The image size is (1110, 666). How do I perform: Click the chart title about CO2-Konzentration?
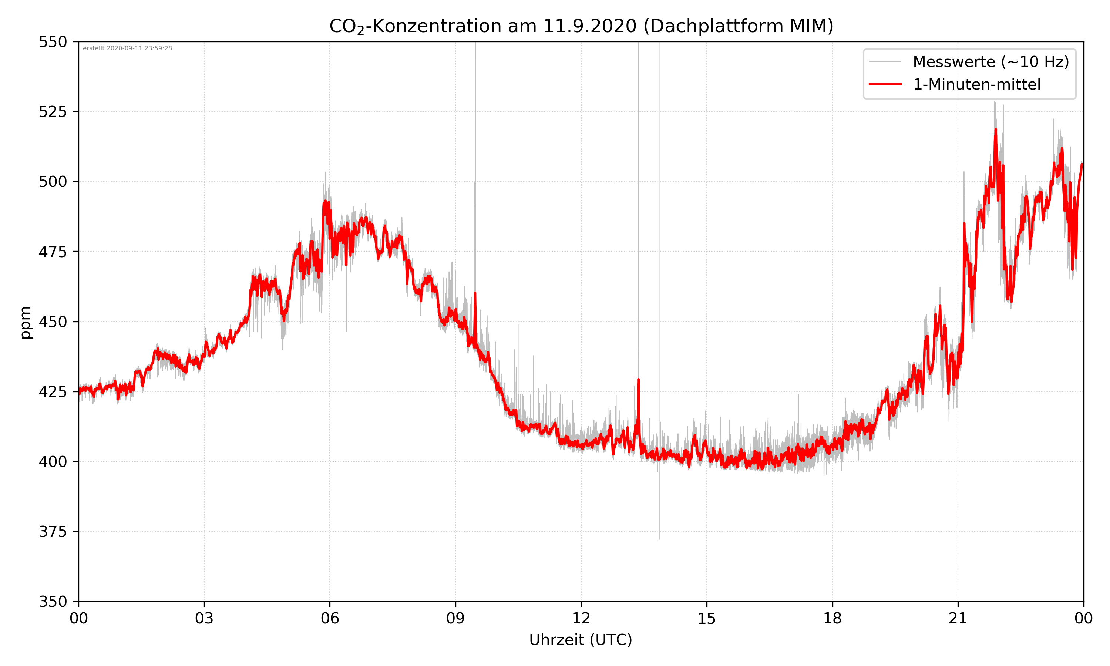point(581,26)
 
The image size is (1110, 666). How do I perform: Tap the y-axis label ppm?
point(26,322)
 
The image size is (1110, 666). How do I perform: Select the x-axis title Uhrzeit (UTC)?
point(581,639)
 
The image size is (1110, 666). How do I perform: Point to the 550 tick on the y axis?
point(53,42)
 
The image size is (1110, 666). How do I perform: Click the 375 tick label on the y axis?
point(53,531)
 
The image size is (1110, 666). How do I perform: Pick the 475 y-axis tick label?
point(53,252)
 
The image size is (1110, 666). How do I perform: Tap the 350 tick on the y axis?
point(53,601)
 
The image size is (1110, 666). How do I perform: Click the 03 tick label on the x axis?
point(204,618)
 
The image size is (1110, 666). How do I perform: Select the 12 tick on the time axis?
point(581,618)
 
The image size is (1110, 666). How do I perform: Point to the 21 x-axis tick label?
point(958,618)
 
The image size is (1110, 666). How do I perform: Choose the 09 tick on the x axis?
point(455,618)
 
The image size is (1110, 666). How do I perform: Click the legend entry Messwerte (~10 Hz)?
point(990,62)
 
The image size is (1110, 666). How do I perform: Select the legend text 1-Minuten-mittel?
point(976,84)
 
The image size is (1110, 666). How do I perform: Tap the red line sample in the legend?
point(885,84)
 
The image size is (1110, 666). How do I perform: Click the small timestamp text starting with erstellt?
point(127,48)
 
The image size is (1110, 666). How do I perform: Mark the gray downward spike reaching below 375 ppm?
point(659,536)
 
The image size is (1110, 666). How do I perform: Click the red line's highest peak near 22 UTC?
point(996,130)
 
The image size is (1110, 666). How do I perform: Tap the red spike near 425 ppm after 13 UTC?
point(639,380)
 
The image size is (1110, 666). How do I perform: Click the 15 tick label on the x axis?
point(707,618)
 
